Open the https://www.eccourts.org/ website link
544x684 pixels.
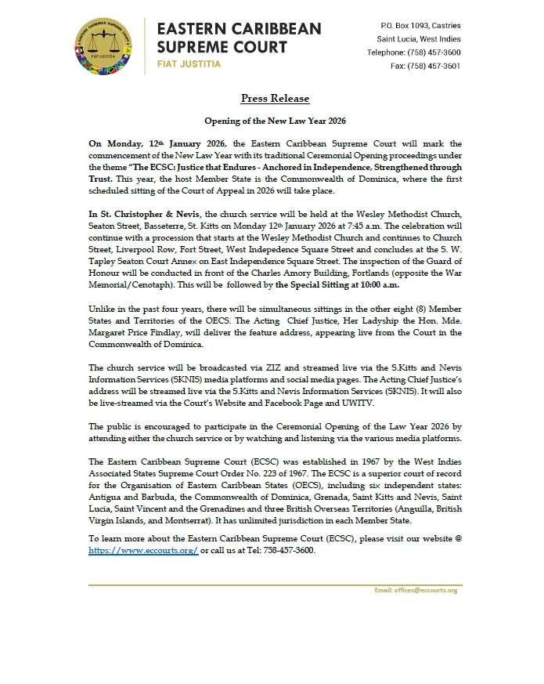[x=143, y=550]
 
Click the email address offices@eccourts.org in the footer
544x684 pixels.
[x=420, y=589]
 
